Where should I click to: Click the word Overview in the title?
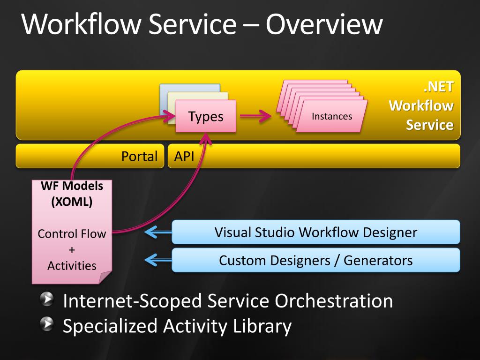point(324,25)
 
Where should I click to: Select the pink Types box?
point(206,117)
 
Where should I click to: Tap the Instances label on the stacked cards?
point(332,116)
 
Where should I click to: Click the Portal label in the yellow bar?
point(139,156)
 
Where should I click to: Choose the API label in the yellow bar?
point(184,156)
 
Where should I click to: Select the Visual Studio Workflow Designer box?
point(315,232)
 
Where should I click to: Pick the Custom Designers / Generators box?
point(315,260)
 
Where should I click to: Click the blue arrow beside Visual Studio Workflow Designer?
point(157,232)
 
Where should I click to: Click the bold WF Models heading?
point(72,186)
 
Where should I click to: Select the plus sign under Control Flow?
point(72,250)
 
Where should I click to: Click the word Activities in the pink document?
point(72,266)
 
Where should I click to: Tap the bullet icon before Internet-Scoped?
point(47,300)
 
